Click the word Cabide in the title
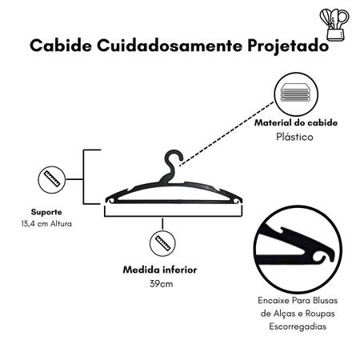point(61,46)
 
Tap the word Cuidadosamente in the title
point(170,46)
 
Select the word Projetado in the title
point(288,46)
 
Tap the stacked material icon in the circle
point(296,93)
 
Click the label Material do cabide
point(296,122)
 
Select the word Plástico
point(294,137)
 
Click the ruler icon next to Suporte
point(52,179)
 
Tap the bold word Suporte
point(46,212)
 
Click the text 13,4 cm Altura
point(46,223)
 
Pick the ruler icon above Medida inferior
point(162,243)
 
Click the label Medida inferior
point(160,270)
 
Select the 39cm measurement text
point(161,283)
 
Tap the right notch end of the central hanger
point(237,200)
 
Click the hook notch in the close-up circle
point(319,257)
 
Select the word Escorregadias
point(298,326)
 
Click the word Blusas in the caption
point(325,301)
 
